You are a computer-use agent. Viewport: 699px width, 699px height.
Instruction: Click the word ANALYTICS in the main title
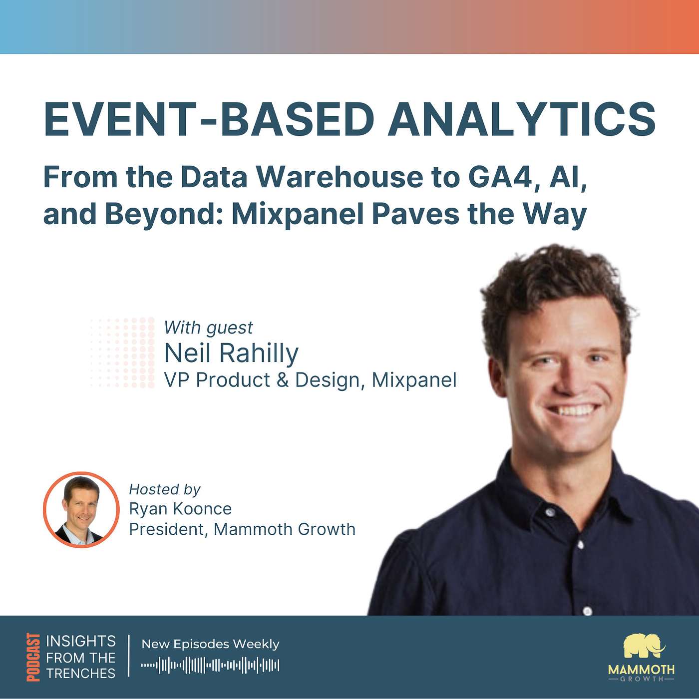click(x=522, y=120)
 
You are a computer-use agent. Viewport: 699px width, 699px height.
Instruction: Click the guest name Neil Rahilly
click(x=231, y=353)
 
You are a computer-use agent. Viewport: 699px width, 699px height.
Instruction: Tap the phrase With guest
click(x=208, y=328)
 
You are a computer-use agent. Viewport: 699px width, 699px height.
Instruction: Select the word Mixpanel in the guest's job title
click(x=414, y=380)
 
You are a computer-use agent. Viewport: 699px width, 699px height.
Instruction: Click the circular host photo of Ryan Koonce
click(x=81, y=510)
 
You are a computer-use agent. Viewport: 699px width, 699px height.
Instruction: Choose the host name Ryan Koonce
click(x=180, y=509)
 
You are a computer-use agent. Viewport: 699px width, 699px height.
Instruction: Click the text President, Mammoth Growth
click(x=242, y=529)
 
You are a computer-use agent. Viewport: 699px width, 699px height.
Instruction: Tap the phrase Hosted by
click(x=164, y=489)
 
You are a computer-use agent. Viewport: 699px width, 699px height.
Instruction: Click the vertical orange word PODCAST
click(x=33, y=657)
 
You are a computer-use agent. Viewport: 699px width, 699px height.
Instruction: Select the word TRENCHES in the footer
click(x=81, y=674)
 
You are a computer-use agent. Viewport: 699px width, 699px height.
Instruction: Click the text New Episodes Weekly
click(x=210, y=644)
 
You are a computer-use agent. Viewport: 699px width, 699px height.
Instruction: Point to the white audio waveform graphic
click(x=210, y=665)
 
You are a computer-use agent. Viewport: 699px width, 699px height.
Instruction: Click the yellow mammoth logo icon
click(x=644, y=647)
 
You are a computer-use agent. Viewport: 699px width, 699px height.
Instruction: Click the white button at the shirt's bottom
click(x=588, y=611)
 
